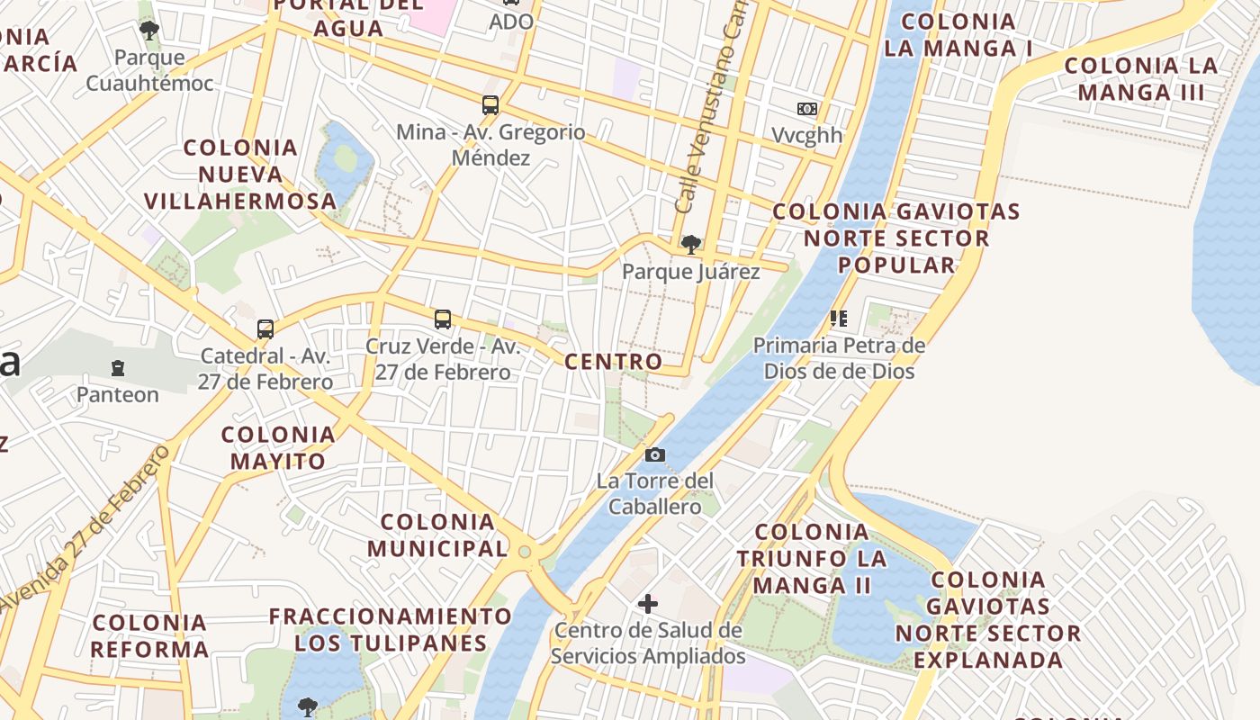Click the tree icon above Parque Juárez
691,244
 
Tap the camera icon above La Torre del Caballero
655,454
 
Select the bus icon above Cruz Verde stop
442,319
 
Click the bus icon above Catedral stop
265,328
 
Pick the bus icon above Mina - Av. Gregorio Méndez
490,105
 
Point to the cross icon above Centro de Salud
647,603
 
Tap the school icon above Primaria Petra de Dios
839,318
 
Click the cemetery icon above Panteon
117,367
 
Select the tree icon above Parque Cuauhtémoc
149,31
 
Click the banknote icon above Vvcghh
807,109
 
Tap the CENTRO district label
613,362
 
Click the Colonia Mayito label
278,447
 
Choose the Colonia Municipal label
437,535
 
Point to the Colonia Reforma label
149,635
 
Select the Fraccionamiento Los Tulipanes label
391,630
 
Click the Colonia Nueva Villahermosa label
240,174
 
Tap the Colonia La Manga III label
1140,78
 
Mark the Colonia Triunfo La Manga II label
812,558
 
